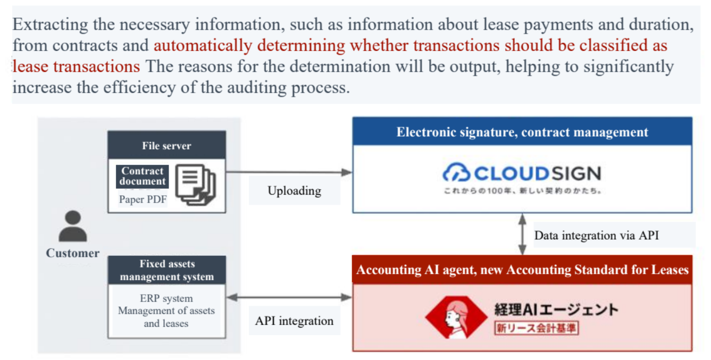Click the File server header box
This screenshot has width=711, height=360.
click(x=166, y=145)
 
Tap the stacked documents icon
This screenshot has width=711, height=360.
click(x=196, y=184)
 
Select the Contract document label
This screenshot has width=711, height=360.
click(x=142, y=176)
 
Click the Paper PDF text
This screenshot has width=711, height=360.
click(x=143, y=200)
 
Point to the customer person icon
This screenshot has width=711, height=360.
click(x=72, y=227)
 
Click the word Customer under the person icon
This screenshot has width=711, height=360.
click(x=72, y=253)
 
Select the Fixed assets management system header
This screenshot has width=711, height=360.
click(x=166, y=270)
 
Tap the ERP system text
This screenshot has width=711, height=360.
click(x=166, y=298)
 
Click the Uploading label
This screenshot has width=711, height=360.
click(x=294, y=191)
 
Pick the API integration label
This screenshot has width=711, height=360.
click(x=294, y=321)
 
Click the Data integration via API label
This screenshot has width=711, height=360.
click(x=596, y=235)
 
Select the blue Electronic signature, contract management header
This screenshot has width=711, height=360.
click(x=522, y=132)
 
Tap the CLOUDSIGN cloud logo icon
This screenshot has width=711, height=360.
click(x=456, y=173)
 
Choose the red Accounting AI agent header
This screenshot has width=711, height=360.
click(x=522, y=270)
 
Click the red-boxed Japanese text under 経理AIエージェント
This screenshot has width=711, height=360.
click(x=536, y=328)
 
